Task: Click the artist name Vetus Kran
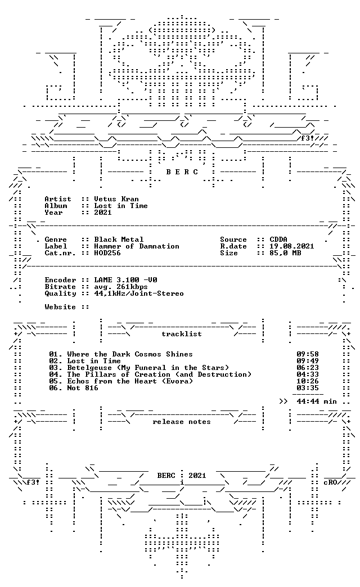tap(116, 199)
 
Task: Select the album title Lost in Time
tap(120, 206)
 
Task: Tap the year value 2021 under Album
tap(102, 213)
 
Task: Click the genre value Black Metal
tap(118, 239)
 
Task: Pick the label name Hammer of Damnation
tap(136, 246)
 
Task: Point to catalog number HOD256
tap(107, 252)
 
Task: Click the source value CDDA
tap(278, 239)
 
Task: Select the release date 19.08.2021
tap(292, 246)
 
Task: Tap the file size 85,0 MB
tap(285, 253)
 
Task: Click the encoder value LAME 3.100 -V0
tap(125, 279)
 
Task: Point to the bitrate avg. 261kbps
tap(120, 287)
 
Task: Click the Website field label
tap(60, 306)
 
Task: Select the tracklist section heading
tap(182, 333)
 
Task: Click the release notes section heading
tap(182, 422)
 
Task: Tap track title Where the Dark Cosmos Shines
tap(129, 354)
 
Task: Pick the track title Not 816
tap(83, 388)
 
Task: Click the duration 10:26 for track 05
tap(308, 381)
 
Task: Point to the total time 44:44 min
tap(317, 401)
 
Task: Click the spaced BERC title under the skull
tap(182, 172)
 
